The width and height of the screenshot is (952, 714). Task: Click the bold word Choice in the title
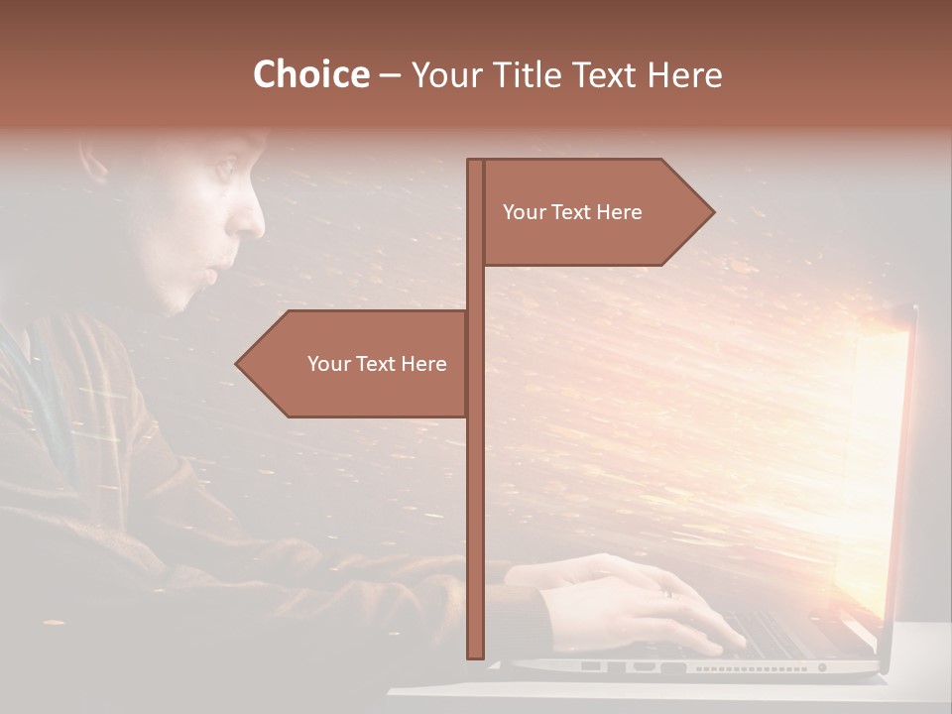(310, 74)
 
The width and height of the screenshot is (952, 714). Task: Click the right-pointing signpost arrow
(595, 212)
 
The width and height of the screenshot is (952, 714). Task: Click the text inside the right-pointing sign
(572, 212)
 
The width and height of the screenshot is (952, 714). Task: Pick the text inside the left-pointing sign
(377, 364)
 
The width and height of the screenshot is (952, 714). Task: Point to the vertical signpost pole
(475, 496)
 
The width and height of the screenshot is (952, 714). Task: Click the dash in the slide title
(390, 75)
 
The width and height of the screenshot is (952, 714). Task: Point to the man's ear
(94, 159)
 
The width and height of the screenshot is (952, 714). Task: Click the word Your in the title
(444, 74)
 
